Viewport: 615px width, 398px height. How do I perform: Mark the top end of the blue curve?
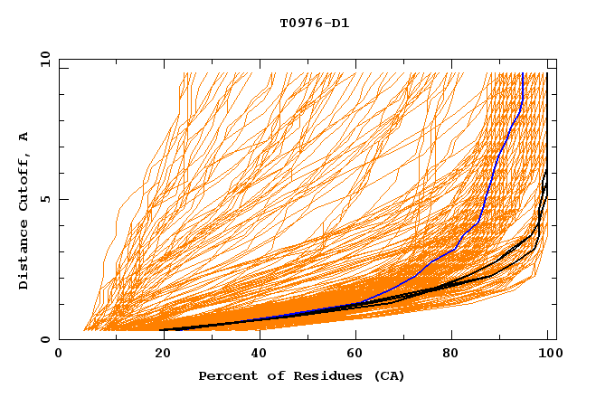point(523,73)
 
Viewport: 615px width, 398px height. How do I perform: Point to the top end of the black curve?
point(547,73)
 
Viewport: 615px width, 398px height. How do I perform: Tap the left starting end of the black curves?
point(162,330)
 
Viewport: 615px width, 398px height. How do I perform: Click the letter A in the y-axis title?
point(24,137)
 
